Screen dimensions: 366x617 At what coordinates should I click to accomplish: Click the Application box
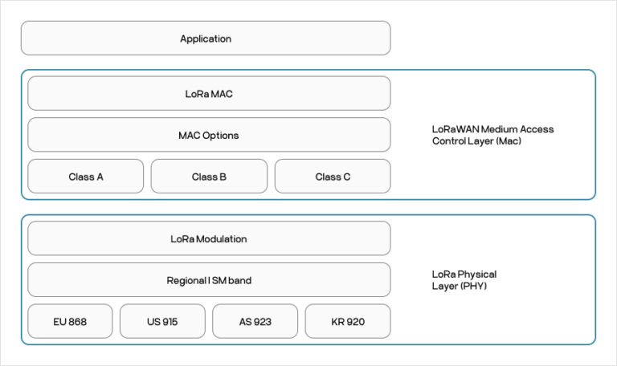point(206,39)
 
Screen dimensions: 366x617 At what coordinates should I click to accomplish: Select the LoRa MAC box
point(209,94)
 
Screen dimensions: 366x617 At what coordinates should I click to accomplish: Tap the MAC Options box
point(209,135)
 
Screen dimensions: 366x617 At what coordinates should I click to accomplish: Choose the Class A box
point(86,177)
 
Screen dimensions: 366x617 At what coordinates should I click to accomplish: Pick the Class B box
point(209,177)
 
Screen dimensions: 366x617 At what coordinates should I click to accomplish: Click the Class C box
point(333,177)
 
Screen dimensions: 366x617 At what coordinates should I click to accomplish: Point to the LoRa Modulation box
point(209,239)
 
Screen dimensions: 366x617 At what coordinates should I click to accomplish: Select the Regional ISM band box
point(209,280)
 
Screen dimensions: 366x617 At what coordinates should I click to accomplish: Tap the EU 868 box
point(70,322)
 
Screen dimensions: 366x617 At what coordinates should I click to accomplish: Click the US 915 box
point(162,322)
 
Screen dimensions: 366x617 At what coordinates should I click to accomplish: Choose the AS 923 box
point(255,322)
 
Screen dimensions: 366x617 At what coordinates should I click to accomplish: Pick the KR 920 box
point(348,322)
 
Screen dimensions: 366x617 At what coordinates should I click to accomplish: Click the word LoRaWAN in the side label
point(453,129)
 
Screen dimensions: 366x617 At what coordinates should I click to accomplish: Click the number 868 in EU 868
point(78,322)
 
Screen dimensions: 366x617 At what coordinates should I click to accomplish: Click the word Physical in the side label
point(477,274)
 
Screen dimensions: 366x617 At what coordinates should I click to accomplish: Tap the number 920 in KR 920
point(356,322)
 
